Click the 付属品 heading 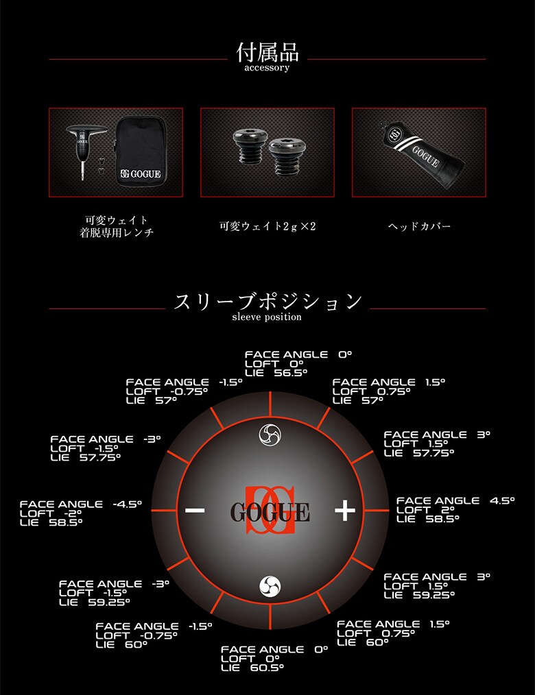[x=267, y=52]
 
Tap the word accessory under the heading [x=267, y=69]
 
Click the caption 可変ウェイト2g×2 [x=267, y=226]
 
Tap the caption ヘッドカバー [x=418, y=226]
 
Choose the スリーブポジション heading [x=267, y=302]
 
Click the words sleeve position [x=267, y=317]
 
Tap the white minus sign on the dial [x=195, y=510]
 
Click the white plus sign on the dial [x=344, y=510]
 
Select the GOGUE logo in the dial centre [x=270, y=511]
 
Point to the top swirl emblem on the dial [x=269, y=433]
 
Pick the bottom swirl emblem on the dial [x=270, y=586]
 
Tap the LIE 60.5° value [x=252, y=668]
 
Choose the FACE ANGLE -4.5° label [x=80, y=504]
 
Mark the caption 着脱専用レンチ [x=116, y=233]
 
